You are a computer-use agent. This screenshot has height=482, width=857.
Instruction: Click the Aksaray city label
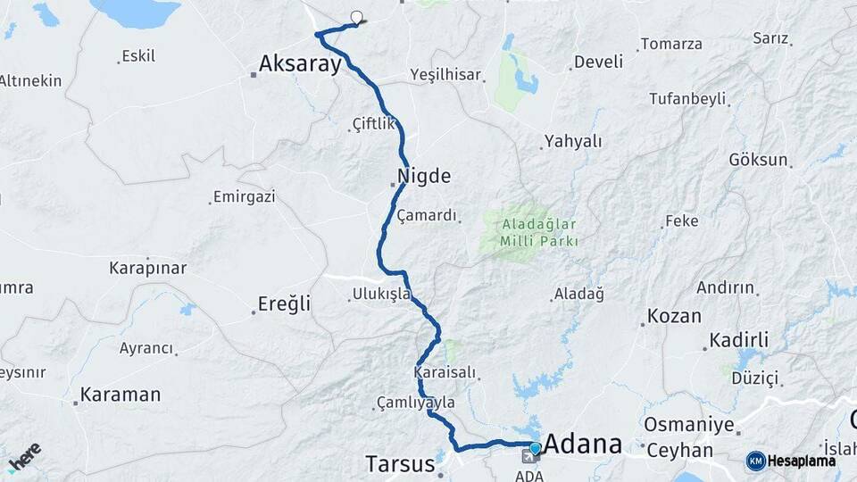[x=300, y=63]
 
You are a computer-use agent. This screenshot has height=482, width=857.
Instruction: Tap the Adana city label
[x=583, y=444]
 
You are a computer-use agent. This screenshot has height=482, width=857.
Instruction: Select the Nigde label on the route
[x=425, y=175]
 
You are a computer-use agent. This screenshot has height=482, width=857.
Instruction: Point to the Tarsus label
[x=400, y=463]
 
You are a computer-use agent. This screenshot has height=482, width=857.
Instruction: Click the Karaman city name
[x=121, y=394]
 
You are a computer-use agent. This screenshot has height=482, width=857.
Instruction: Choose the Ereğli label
[x=284, y=303]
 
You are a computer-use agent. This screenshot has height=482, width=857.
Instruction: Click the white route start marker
[x=357, y=17]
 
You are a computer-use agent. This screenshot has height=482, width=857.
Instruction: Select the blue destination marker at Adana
[x=535, y=448]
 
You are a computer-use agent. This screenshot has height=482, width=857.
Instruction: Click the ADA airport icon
[x=528, y=458]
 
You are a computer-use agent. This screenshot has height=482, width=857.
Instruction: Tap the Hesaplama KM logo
[x=791, y=461]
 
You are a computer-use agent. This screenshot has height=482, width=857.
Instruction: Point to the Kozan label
[x=674, y=316]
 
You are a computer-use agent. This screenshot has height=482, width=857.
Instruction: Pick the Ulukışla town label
[x=381, y=293]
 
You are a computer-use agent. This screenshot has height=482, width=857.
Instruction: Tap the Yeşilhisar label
[x=445, y=74]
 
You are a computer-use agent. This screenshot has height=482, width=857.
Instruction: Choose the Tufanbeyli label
[x=686, y=98]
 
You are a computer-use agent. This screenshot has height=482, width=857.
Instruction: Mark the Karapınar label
[x=147, y=268]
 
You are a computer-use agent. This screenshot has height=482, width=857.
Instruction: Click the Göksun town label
[x=758, y=160]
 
